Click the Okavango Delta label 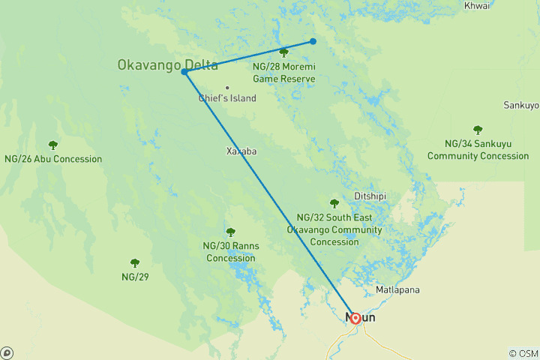click(167, 64)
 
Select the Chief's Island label click(227, 98)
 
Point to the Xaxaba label click(241, 151)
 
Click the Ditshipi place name click(370, 196)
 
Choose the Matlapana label click(397, 289)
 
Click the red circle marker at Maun click(355, 318)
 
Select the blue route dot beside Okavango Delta click(184, 72)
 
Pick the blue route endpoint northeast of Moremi click(313, 41)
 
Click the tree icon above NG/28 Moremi click(283, 52)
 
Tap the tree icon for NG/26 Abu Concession click(52, 145)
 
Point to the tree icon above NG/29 click(135, 263)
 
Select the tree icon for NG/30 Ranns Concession click(230, 232)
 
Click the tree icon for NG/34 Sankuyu click(478, 130)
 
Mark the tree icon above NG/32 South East click(334, 202)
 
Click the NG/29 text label click(135, 277)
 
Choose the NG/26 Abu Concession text click(52, 159)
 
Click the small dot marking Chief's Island click(227, 88)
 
